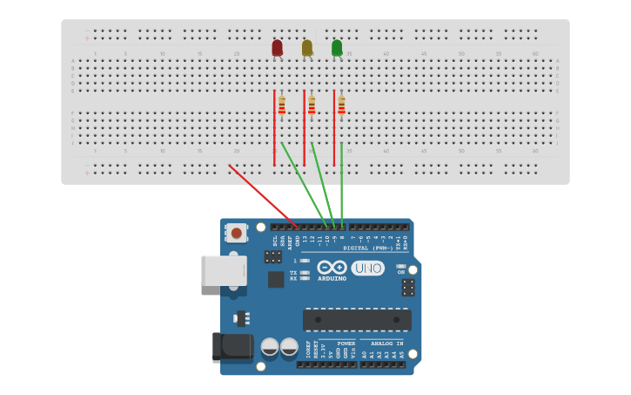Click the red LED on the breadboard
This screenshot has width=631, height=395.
click(277, 47)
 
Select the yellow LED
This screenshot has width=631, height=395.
click(306, 47)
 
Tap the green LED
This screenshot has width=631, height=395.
click(337, 47)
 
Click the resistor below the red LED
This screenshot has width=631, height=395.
click(282, 106)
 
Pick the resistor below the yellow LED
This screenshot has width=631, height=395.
click(312, 106)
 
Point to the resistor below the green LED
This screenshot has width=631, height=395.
click(341, 106)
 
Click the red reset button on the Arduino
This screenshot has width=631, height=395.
click(236, 233)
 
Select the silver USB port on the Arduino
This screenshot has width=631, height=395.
click(223, 270)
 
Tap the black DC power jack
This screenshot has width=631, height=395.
click(232, 347)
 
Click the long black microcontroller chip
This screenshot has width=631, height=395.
click(357, 319)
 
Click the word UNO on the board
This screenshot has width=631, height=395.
click(367, 269)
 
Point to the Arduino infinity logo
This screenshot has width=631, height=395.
click(332, 268)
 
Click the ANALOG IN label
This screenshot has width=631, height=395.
click(386, 344)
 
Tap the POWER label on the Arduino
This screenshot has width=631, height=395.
click(346, 344)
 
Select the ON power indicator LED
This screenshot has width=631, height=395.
click(401, 266)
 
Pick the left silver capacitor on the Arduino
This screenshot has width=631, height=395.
click(270, 347)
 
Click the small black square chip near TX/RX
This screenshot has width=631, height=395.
click(276, 279)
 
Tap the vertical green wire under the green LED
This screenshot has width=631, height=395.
click(341, 183)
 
